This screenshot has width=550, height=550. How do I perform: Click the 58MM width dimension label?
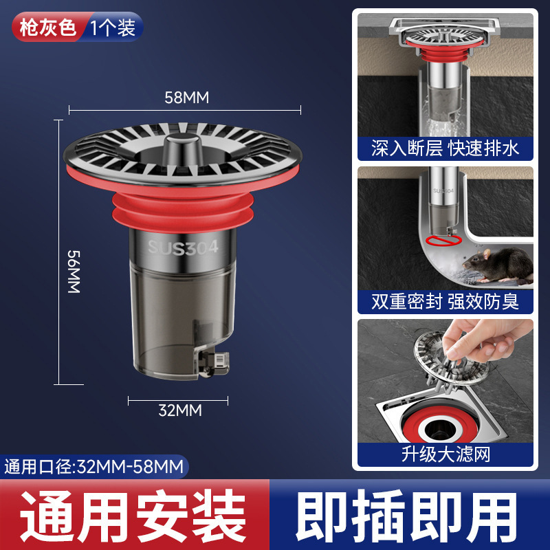click(x=186, y=98)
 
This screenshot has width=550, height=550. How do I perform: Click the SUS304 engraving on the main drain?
click(x=183, y=246)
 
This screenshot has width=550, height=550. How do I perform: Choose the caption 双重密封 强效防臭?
click(x=445, y=300)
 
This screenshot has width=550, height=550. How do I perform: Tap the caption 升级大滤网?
click(x=445, y=454)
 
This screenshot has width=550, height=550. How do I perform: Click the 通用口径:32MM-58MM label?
click(x=94, y=467)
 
